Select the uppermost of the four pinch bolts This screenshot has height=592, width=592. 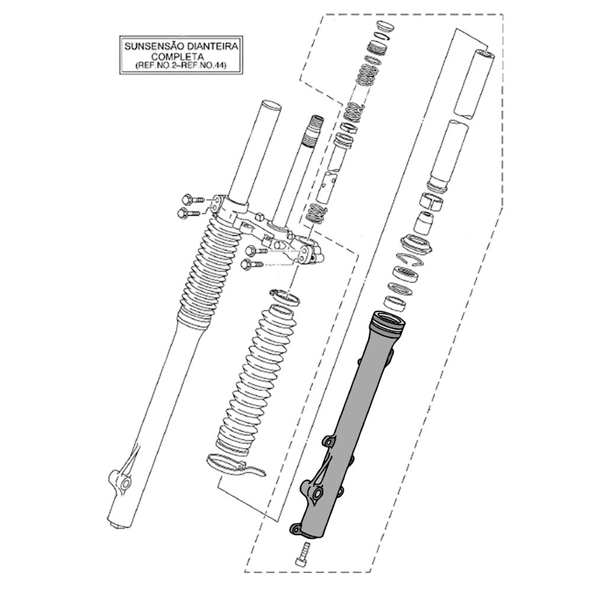[x=193, y=199]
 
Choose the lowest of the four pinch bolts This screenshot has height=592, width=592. [x=252, y=264]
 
